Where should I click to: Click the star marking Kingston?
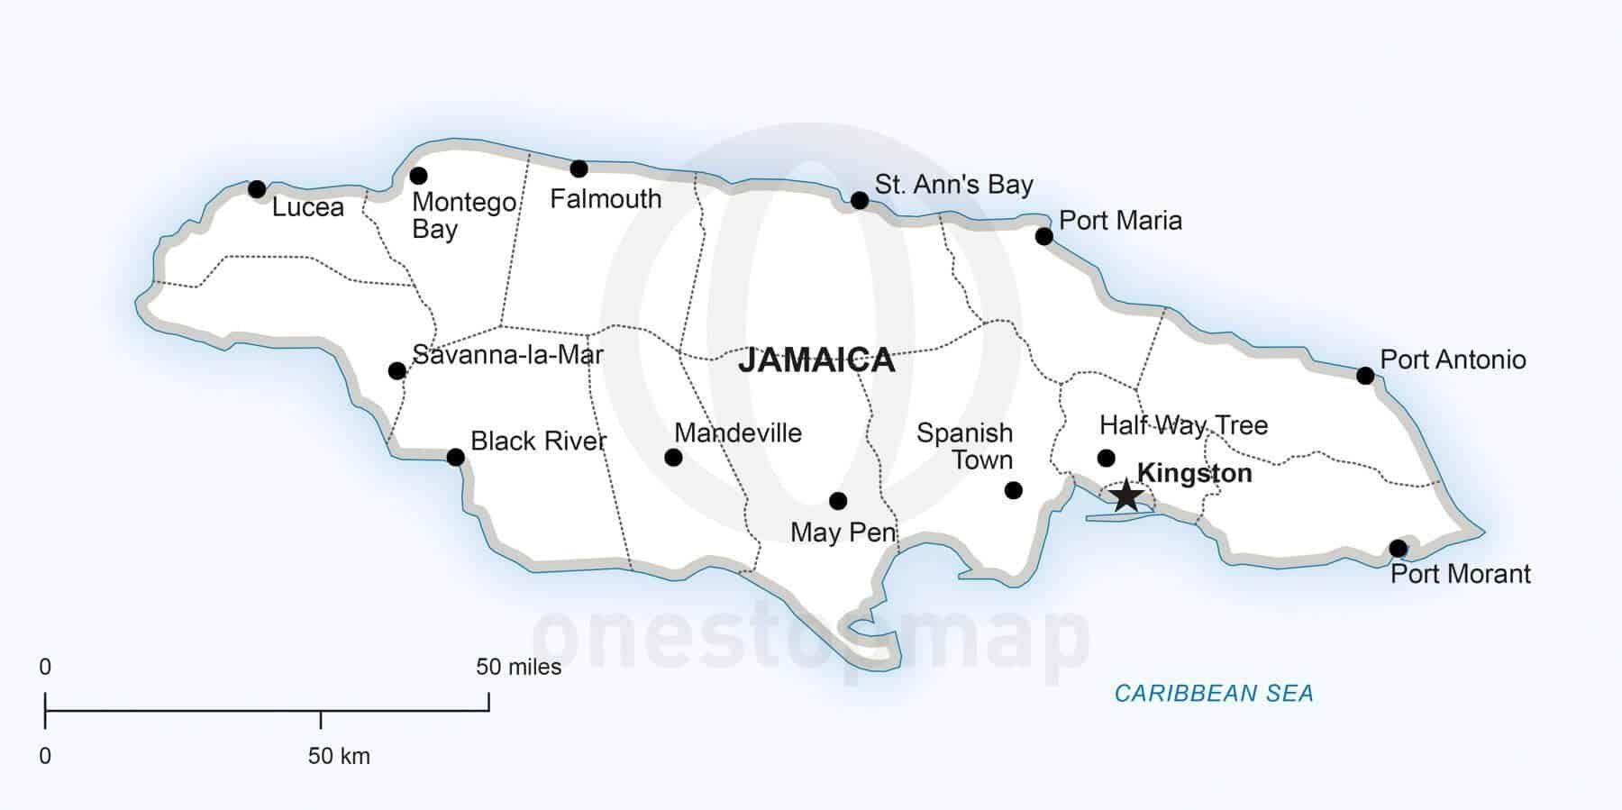click(1126, 496)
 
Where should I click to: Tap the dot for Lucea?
click(257, 189)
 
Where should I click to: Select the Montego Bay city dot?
click(418, 176)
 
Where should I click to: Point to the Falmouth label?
click(606, 199)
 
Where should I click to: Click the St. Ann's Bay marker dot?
click(860, 200)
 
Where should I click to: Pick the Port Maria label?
click(1120, 221)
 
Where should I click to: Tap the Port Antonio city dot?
click(1365, 376)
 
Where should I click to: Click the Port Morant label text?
click(1460, 574)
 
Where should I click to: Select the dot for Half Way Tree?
click(1107, 458)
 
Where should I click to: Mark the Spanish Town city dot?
click(1013, 490)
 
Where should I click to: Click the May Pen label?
click(843, 532)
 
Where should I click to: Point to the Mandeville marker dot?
click(673, 458)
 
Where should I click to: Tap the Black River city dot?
click(456, 458)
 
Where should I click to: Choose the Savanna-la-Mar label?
click(507, 355)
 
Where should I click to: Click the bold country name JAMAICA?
click(816, 360)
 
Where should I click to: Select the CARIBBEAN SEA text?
click(1214, 693)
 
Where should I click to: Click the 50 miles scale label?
click(518, 668)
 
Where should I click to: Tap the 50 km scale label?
click(339, 756)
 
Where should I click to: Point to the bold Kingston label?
click(1194, 473)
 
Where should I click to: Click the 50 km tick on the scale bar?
click(321, 719)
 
